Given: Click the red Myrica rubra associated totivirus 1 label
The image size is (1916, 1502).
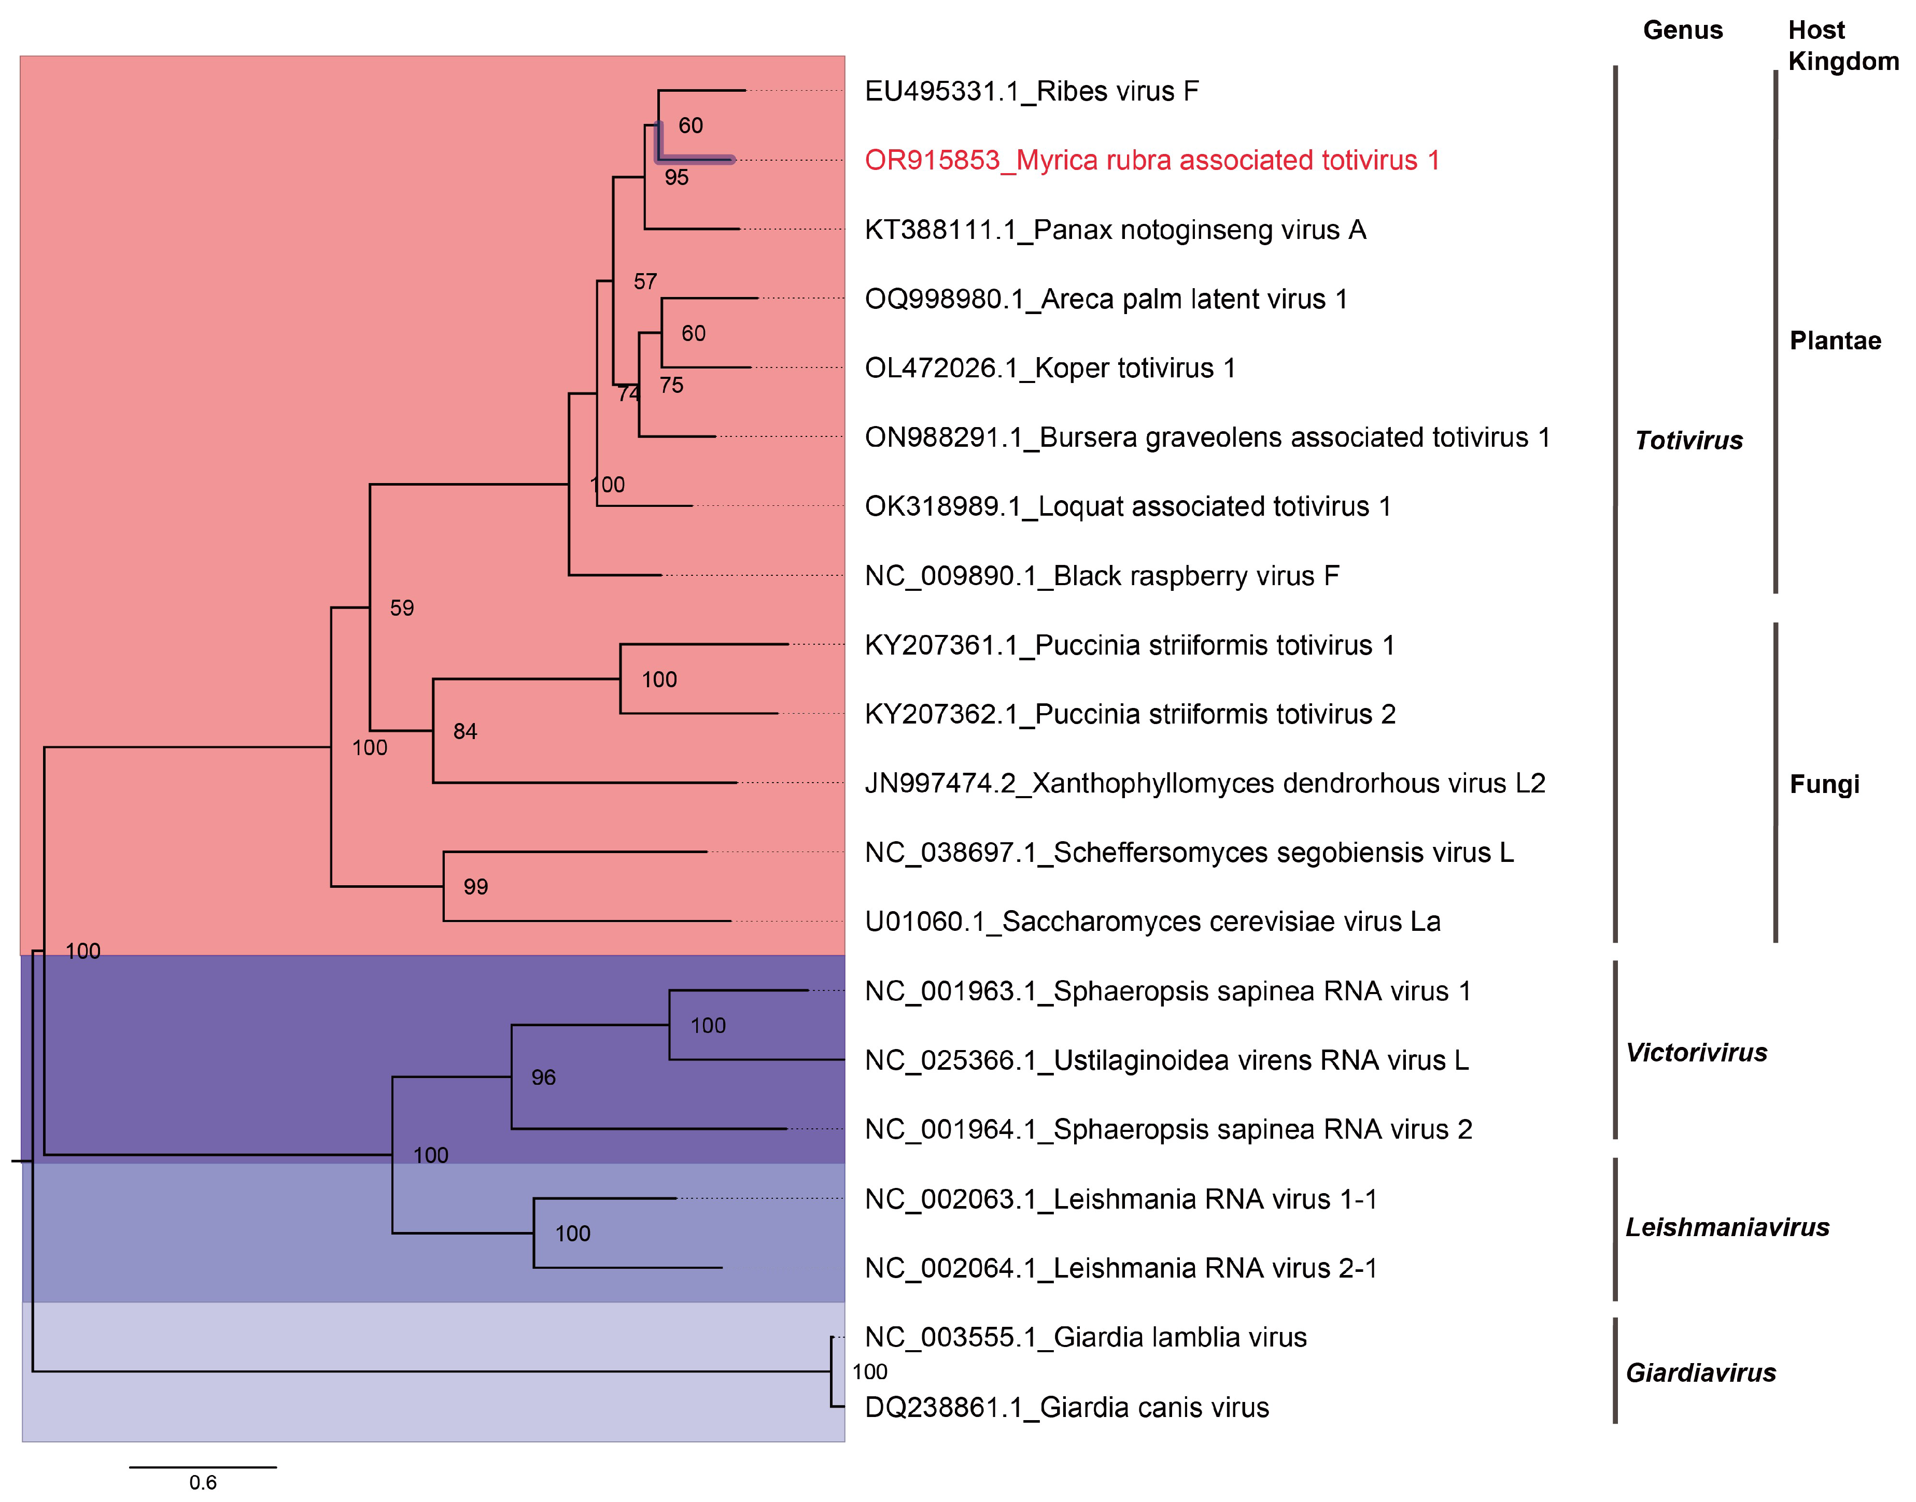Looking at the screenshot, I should [x=1151, y=161].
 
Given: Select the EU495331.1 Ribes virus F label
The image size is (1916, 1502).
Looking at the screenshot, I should [x=1031, y=91].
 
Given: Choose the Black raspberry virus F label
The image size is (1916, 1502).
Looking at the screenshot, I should [x=1102, y=576].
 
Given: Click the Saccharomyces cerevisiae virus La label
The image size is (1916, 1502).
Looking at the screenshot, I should [x=1151, y=922].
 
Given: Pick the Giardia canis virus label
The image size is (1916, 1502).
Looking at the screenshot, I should [x=1066, y=1408].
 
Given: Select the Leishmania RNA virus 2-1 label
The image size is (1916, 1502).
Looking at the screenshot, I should [x=1121, y=1268].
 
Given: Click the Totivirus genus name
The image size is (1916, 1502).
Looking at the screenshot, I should [x=1688, y=441].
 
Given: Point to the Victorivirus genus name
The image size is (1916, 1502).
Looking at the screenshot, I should [x=1695, y=1053].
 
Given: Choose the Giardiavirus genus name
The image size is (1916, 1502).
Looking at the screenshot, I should [x=1700, y=1373].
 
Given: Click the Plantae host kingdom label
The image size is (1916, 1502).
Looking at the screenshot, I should [x=1835, y=341].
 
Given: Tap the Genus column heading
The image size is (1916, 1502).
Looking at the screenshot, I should [x=1682, y=31].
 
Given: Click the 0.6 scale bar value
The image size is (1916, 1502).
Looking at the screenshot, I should [x=202, y=1483].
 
